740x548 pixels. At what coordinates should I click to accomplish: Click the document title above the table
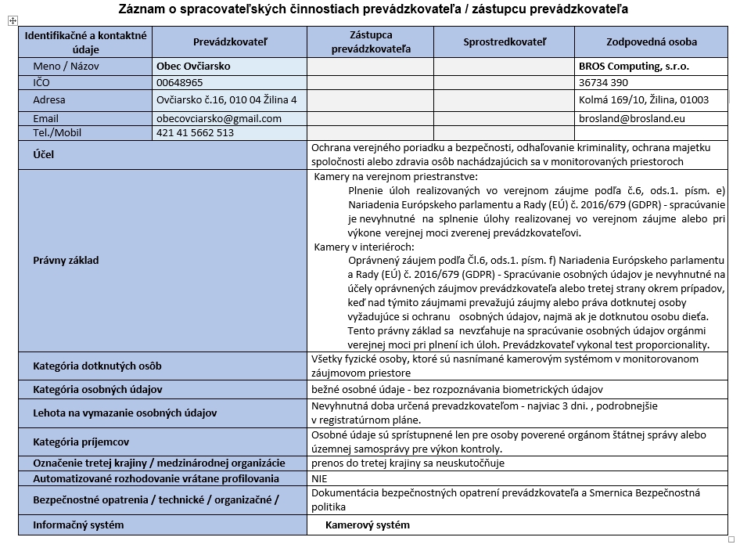point(373,9)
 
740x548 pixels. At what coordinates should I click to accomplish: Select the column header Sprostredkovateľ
point(504,41)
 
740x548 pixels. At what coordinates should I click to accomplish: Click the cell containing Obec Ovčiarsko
point(193,67)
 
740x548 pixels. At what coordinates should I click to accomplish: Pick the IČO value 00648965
point(180,82)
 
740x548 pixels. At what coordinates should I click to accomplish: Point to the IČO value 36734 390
point(603,82)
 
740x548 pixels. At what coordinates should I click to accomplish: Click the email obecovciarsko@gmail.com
point(219,118)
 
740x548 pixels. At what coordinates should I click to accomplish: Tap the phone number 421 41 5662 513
point(195,132)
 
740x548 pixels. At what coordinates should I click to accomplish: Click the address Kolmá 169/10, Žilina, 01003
point(644,99)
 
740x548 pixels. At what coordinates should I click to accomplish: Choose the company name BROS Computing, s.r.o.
point(634,67)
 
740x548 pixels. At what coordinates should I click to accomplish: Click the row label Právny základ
point(66,260)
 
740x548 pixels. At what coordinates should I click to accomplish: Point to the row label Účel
point(44,155)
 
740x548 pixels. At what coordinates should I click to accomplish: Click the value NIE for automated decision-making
point(319,478)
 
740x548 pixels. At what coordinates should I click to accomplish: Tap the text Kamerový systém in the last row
point(368,525)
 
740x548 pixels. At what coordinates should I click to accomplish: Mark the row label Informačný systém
point(78,525)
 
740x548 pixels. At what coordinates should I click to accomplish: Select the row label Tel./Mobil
point(57,132)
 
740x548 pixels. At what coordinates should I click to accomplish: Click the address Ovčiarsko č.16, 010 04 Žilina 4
point(227,99)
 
